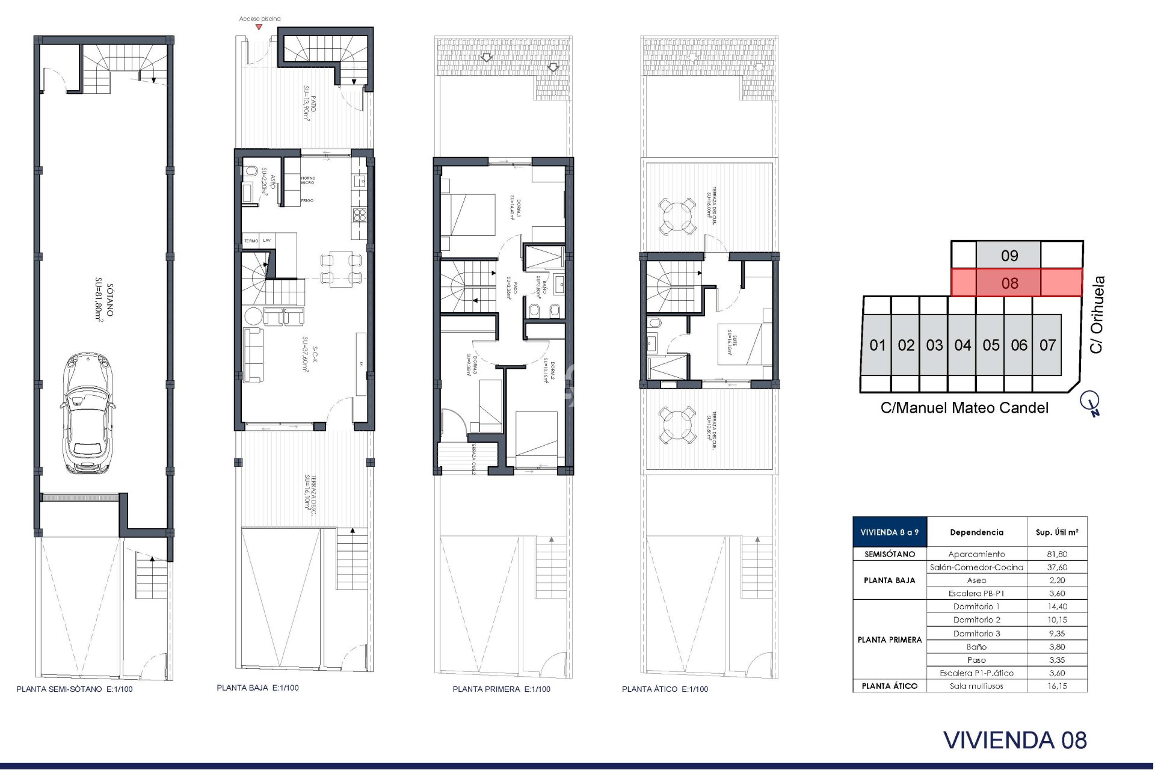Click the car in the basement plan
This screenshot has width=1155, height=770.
[88, 413]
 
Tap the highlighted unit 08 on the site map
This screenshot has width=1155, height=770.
[1009, 283]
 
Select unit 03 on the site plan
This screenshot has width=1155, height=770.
[934, 345]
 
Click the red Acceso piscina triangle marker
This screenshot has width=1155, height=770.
[259, 27]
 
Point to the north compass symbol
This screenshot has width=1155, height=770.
[1090, 402]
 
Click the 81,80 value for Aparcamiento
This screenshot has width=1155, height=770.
[1056, 554]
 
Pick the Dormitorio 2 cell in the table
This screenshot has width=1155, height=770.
[976, 620]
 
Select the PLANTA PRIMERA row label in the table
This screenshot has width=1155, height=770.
[889, 639]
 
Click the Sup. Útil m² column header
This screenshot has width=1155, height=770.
[1056, 532]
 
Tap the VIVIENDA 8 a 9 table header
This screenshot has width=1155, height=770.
[889, 532]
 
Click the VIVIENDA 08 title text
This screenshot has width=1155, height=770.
[1015, 741]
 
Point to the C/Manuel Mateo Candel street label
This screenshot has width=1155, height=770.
[964, 408]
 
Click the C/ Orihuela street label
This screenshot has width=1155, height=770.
[1097, 314]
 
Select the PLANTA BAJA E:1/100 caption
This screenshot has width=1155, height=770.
[257, 688]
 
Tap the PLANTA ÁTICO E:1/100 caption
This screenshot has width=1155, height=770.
[665, 689]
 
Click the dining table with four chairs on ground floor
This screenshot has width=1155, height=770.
[340, 268]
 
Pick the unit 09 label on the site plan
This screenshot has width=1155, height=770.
[1009, 256]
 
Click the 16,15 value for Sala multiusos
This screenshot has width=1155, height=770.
[1056, 686]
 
